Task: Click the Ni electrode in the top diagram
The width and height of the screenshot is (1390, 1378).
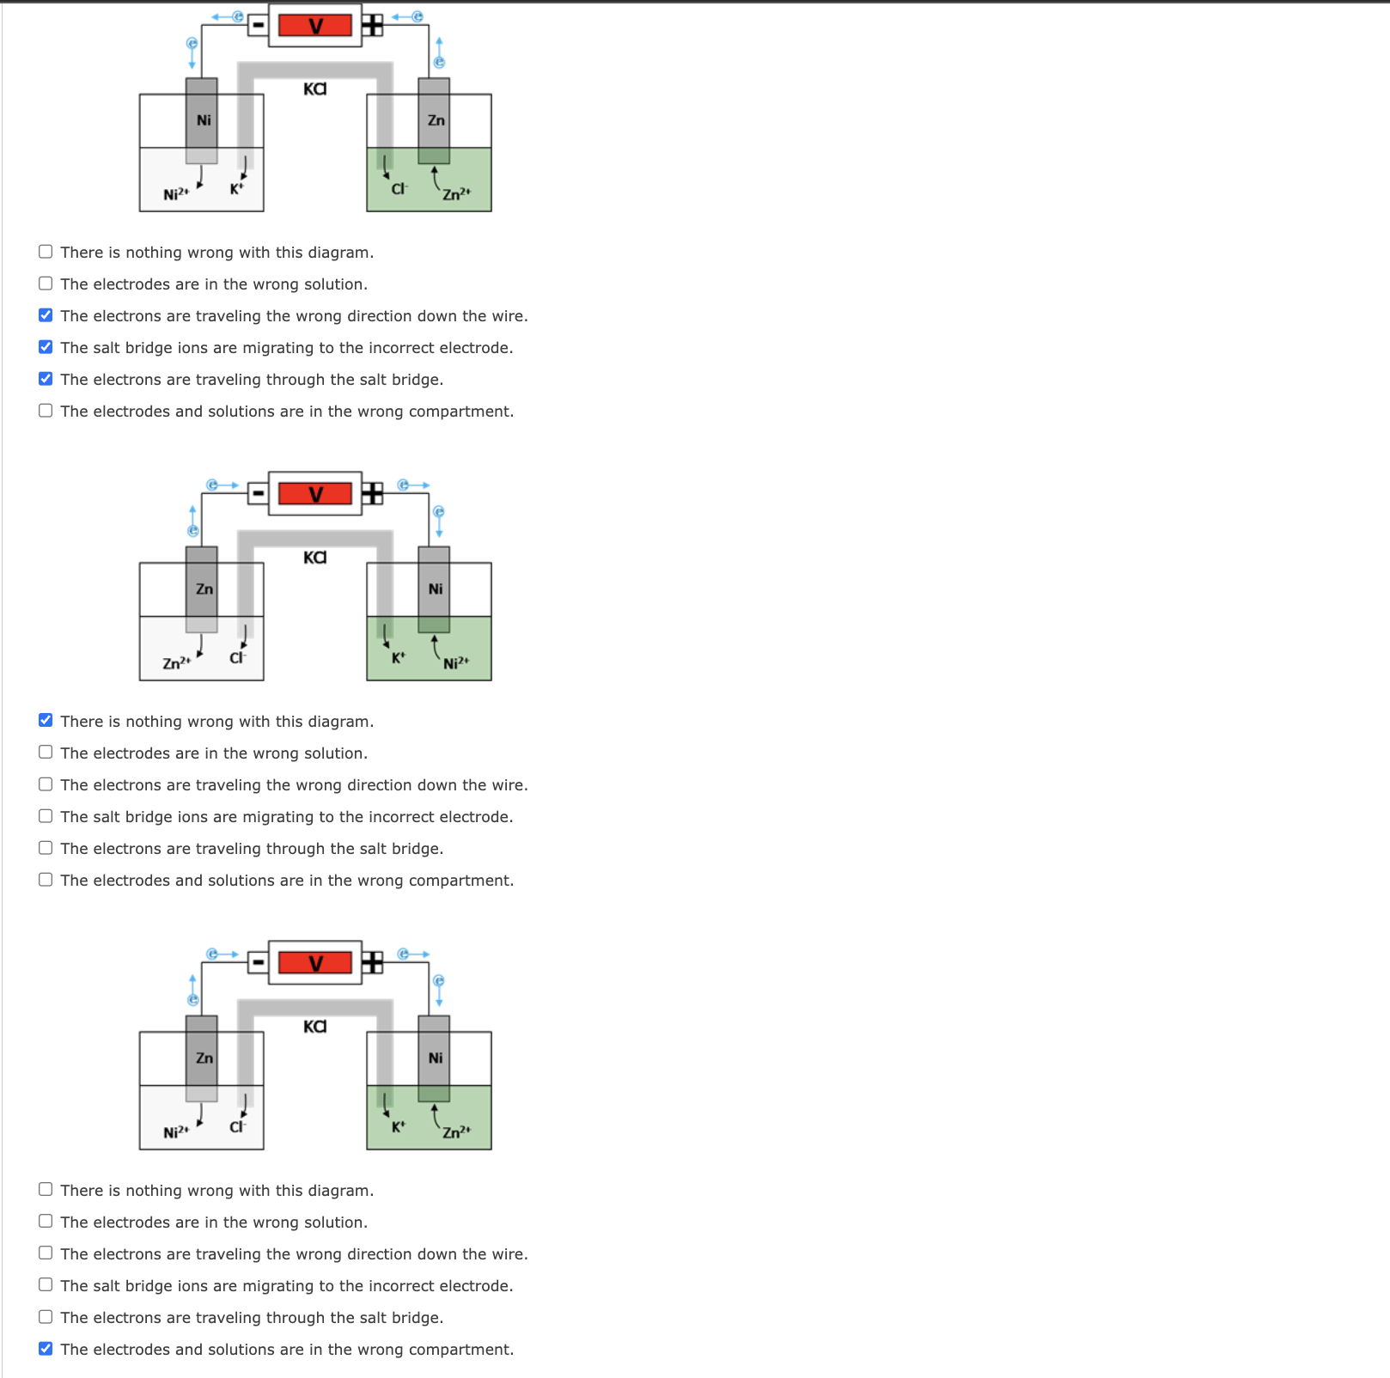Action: click(202, 120)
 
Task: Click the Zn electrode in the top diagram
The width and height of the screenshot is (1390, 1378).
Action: click(435, 120)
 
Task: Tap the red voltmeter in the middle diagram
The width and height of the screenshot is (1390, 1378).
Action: click(315, 494)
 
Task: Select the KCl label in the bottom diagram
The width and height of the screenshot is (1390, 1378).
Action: click(315, 1027)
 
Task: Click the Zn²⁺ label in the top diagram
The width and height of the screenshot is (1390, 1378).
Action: click(456, 194)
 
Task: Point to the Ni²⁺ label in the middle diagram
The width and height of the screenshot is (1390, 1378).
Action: click(456, 663)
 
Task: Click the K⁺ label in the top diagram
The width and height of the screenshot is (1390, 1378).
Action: click(236, 189)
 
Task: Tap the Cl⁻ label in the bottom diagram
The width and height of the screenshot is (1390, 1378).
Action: click(237, 1126)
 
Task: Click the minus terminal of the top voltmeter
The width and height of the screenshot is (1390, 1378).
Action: click(258, 25)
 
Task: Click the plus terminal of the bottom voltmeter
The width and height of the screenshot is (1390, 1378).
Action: click(372, 962)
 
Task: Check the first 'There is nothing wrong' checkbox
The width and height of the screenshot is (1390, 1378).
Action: click(46, 252)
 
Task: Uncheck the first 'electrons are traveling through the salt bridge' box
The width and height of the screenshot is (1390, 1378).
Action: click(46, 379)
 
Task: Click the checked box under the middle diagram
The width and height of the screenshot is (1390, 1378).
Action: click(46, 720)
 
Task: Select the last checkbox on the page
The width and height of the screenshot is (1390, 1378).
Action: click(46, 1349)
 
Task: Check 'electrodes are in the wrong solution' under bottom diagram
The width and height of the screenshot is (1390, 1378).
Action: click(46, 1222)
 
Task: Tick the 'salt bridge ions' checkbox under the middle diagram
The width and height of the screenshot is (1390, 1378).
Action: click(46, 816)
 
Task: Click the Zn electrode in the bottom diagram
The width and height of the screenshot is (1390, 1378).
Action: click(202, 1058)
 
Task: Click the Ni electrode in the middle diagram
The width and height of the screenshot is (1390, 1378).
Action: click(435, 589)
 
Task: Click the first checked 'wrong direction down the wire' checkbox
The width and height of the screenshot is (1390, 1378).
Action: click(46, 315)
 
